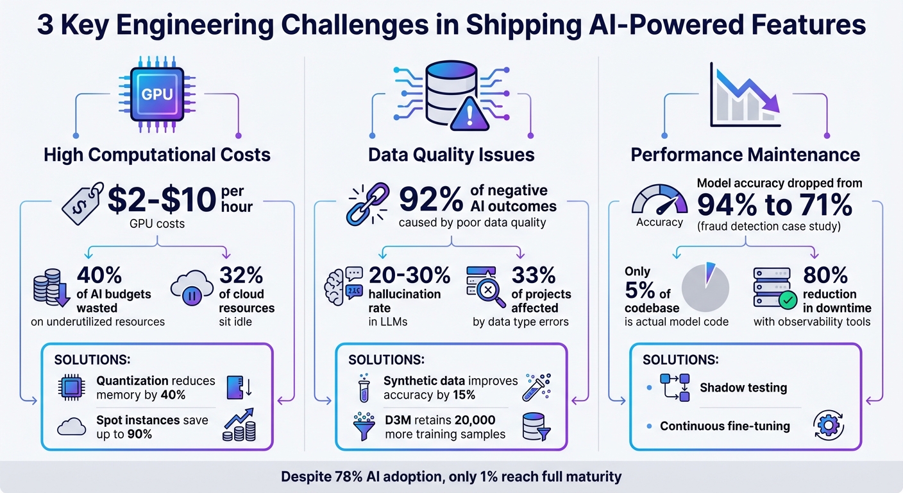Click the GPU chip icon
(x=156, y=94)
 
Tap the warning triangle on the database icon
(x=470, y=116)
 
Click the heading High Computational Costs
(x=157, y=155)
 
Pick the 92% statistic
(x=430, y=199)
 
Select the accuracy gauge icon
(x=659, y=202)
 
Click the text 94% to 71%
(x=774, y=205)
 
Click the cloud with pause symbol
(x=192, y=292)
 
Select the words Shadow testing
(x=743, y=388)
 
